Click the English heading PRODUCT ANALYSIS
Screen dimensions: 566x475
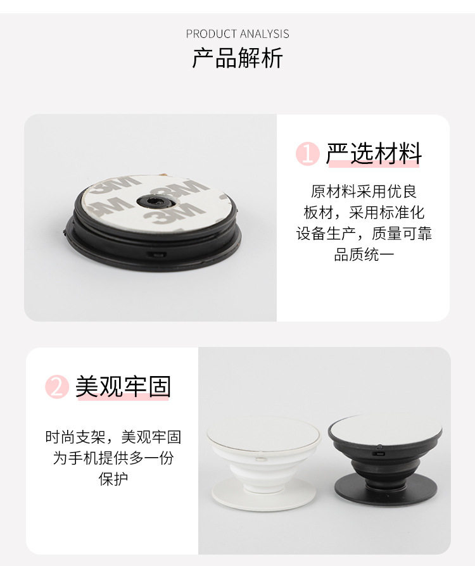click(x=237, y=34)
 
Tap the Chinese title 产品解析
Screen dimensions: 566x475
click(x=237, y=59)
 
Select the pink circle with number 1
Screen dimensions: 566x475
click(x=308, y=154)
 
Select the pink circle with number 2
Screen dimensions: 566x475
click(x=57, y=387)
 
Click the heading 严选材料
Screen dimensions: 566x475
click(x=374, y=154)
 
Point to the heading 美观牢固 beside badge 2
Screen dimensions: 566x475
click(x=123, y=386)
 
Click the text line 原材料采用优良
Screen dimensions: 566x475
click(x=364, y=191)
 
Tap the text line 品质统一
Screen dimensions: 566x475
click(x=364, y=255)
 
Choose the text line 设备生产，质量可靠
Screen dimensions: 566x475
click(x=364, y=234)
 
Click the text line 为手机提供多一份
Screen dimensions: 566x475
click(x=113, y=458)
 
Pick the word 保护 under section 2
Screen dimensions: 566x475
click(x=113, y=479)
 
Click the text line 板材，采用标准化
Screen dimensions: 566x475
click(x=364, y=213)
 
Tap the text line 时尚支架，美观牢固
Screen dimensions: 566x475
click(x=113, y=437)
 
